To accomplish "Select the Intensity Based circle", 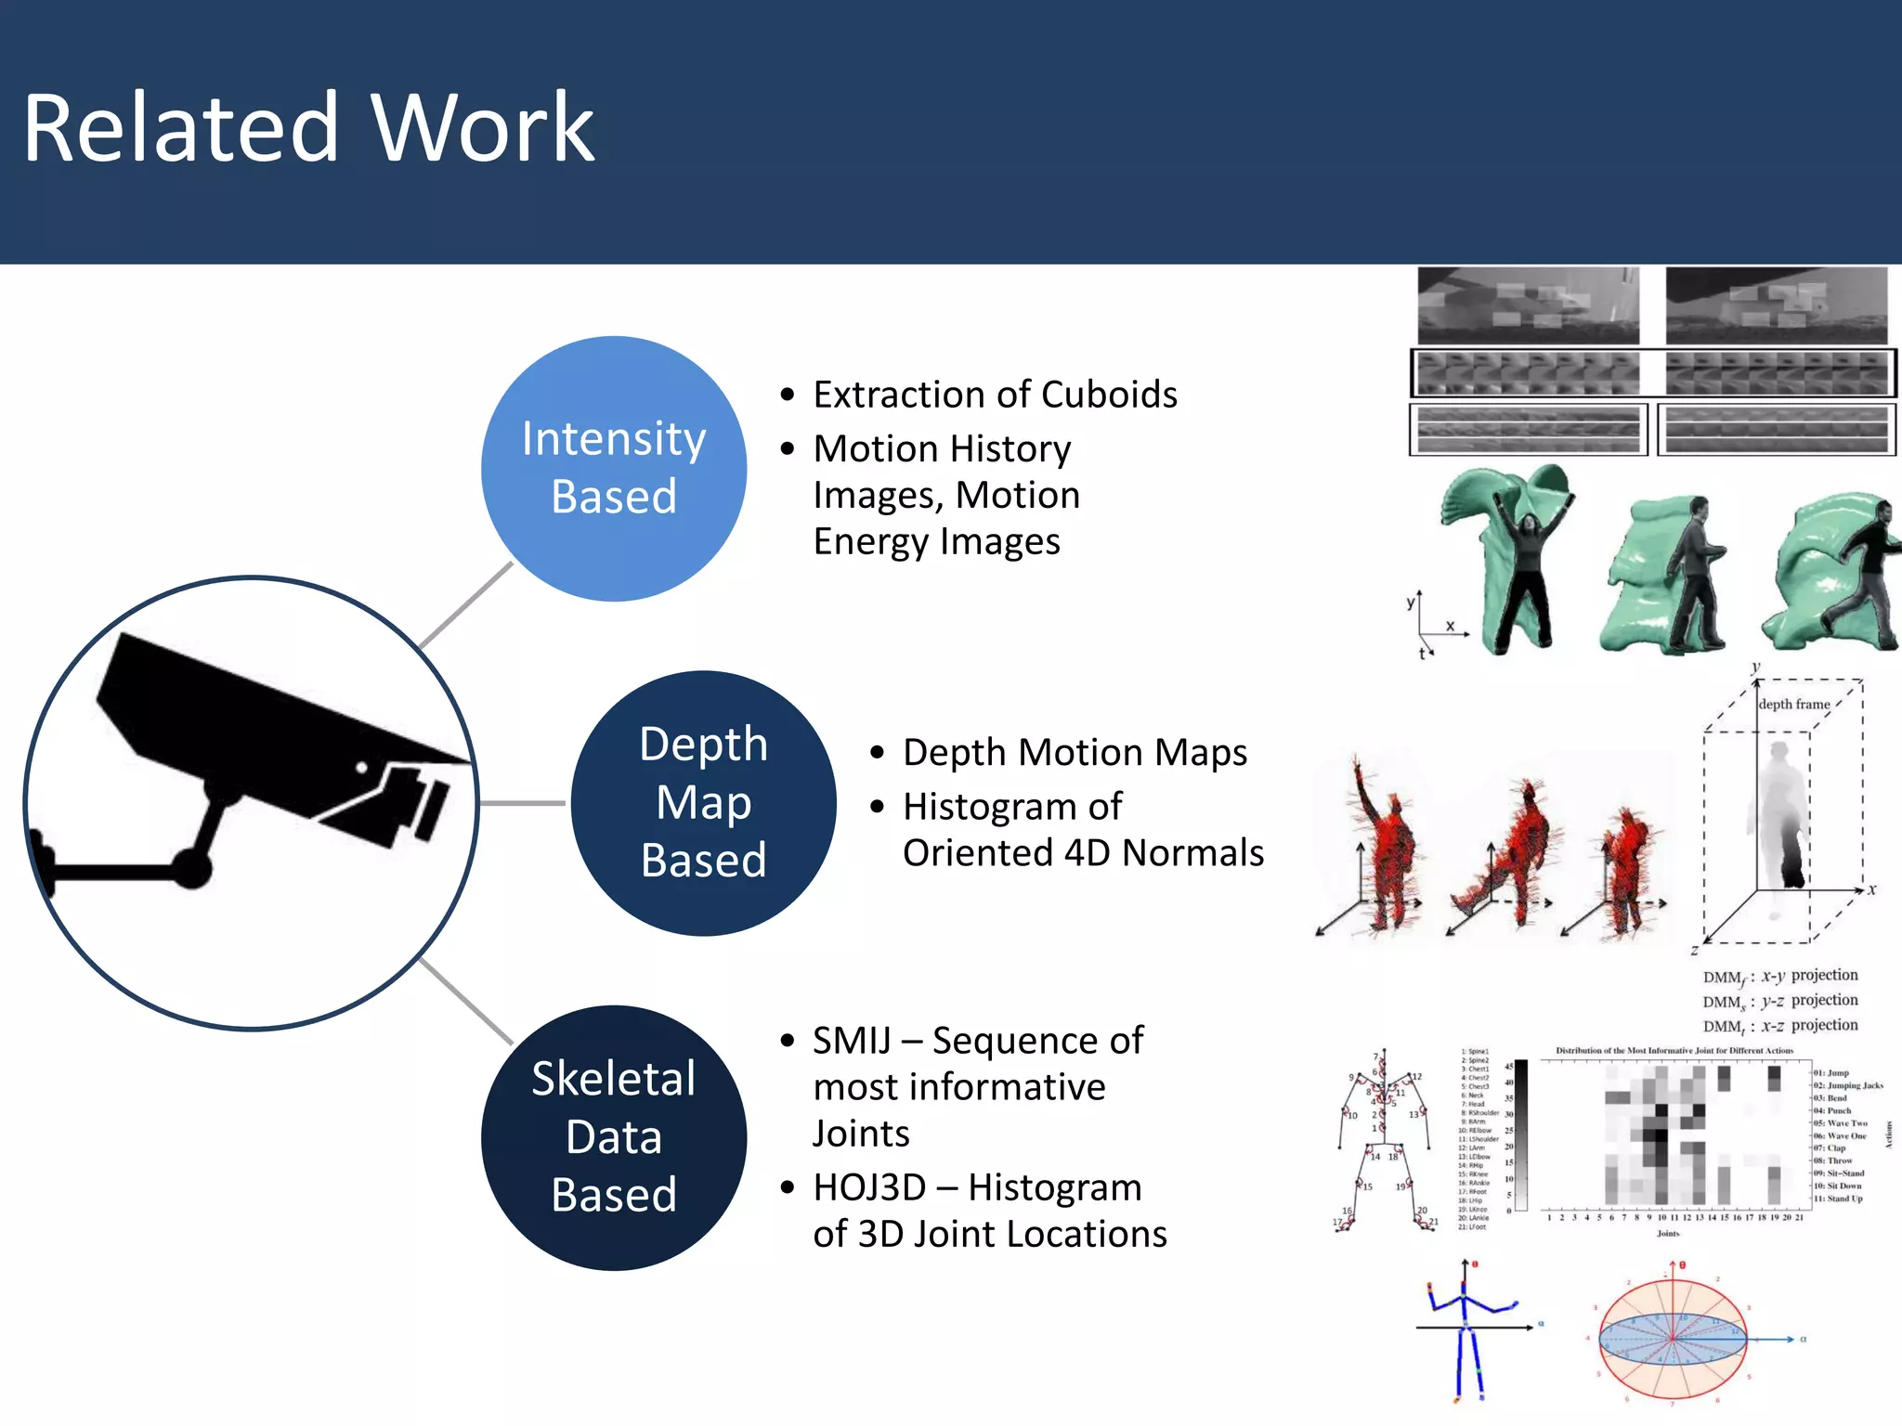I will [x=614, y=468].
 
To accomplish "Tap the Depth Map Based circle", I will [x=703, y=803].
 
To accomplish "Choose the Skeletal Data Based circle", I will [x=614, y=1137].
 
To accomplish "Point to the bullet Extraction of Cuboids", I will [x=995, y=395].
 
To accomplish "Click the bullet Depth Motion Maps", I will [x=1075, y=752].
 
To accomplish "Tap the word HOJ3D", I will [x=869, y=1187].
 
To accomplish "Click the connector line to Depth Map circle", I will [x=523, y=803].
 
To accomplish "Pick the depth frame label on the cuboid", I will [x=1793, y=705].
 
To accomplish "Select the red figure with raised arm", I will [x=1384, y=845].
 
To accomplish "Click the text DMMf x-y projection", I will [x=1779, y=976].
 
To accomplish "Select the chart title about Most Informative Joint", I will [x=1674, y=1051].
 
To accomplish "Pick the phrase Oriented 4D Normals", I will [x=1083, y=853].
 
